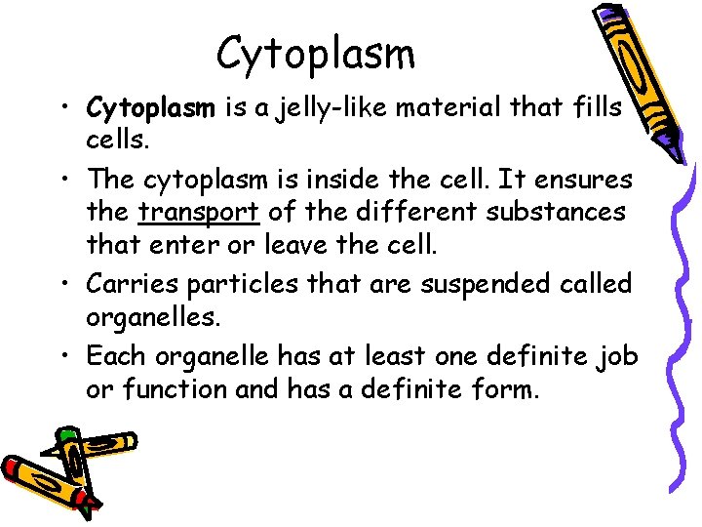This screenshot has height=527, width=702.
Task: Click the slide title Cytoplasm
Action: click(x=315, y=54)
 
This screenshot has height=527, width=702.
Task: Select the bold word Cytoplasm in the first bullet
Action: click(x=146, y=105)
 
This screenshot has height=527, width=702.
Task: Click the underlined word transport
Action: click(x=199, y=211)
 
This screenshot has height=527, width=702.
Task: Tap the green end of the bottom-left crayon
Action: click(x=66, y=432)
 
